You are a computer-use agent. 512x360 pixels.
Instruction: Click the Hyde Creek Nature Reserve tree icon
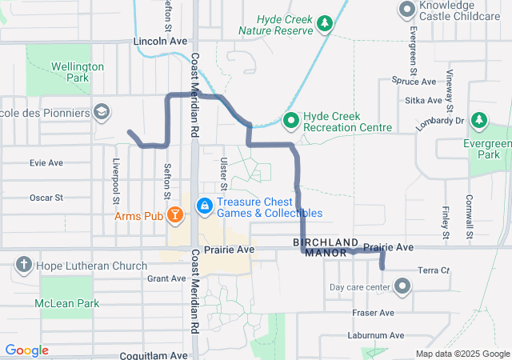(x=324, y=25)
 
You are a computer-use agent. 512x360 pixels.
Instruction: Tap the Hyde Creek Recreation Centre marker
(x=291, y=121)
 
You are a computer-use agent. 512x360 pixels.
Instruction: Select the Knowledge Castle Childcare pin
(x=407, y=10)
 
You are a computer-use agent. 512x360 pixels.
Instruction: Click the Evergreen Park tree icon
(x=479, y=121)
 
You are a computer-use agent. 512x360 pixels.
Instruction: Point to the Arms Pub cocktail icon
(x=175, y=215)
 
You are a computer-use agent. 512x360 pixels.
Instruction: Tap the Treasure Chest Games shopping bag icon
(x=206, y=206)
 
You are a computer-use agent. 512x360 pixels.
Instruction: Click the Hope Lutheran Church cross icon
(x=24, y=266)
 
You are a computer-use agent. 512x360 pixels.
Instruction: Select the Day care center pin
(x=402, y=286)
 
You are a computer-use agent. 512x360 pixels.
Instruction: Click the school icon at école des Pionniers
(x=101, y=114)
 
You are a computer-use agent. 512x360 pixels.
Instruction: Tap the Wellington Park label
(x=77, y=72)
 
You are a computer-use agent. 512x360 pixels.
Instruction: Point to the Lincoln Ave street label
(x=163, y=40)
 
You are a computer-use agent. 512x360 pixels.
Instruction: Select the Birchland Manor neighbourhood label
(x=326, y=246)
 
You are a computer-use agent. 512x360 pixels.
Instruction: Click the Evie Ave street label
(x=46, y=162)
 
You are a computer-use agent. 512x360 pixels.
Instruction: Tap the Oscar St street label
(x=46, y=197)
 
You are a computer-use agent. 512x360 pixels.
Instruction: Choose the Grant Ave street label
(x=166, y=278)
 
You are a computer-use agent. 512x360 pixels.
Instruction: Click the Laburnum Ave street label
(x=376, y=335)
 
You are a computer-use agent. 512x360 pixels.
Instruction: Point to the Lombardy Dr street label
(x=440, y=120)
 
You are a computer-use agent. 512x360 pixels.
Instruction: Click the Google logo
(x=27, y=350)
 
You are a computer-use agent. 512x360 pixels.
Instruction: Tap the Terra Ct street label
(x=434, y=270)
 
